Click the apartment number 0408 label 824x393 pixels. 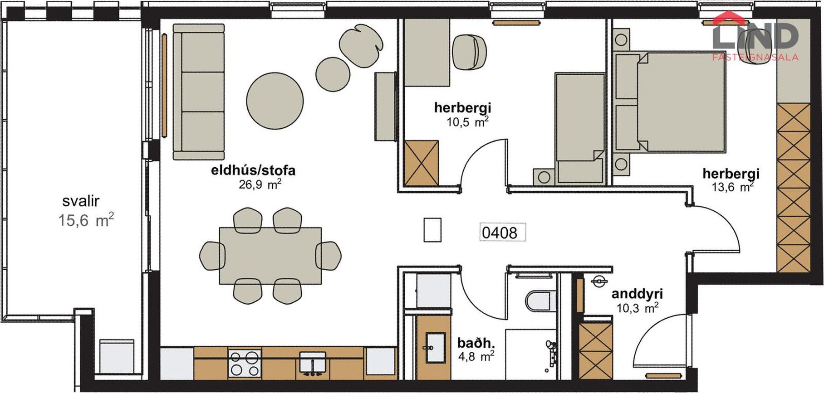500,233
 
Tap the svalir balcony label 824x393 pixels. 81,201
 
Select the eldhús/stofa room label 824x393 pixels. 253,170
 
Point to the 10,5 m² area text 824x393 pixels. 467,121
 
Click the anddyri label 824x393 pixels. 637,294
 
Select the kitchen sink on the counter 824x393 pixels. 312,362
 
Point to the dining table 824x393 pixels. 270,256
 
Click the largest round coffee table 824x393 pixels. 275,102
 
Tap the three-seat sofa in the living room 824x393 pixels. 199,91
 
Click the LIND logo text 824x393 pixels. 755,36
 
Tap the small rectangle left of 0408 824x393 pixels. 432,230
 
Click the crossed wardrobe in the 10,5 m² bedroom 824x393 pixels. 421,163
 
